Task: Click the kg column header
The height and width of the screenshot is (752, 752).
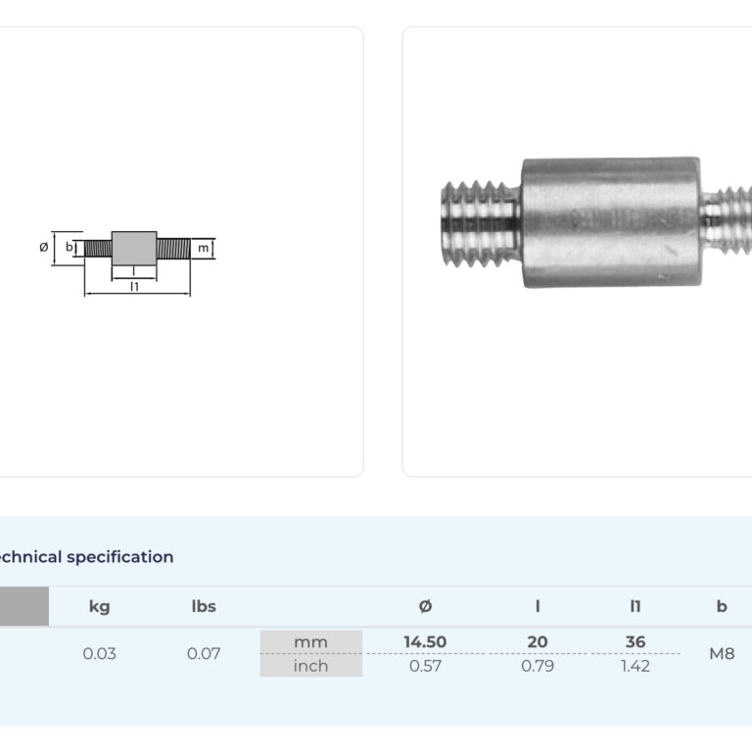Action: coord(99,607)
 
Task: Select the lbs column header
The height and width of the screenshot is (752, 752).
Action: coord(204,607)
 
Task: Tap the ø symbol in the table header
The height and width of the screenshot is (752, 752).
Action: coord(425,607)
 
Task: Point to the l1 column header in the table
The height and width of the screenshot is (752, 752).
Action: coord(635,607)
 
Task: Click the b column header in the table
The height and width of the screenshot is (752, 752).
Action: coord(722,607)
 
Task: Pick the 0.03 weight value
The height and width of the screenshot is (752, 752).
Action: coord(99,654)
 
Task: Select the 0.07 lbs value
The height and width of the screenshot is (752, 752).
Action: coord(204,654)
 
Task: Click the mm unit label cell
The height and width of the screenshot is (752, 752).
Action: coord(310,642)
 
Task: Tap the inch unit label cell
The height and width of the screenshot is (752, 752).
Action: coord(310,666)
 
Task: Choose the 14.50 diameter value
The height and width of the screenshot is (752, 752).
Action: coord(425,642)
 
